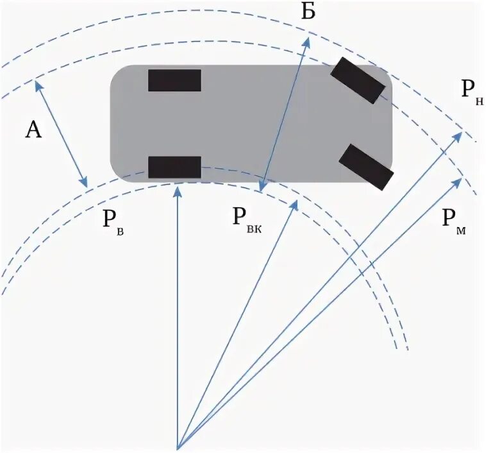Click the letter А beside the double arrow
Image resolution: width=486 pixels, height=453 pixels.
tap(33, 130)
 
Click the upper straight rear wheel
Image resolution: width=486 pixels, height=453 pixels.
tap(174, 80)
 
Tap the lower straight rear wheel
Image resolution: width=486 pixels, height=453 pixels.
tap(174, 167)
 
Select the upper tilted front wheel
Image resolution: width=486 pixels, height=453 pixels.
tap(357, 80)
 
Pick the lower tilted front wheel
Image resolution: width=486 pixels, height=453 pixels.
tap(365, 167)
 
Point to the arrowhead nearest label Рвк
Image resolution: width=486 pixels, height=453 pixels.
tap(296, 203)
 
